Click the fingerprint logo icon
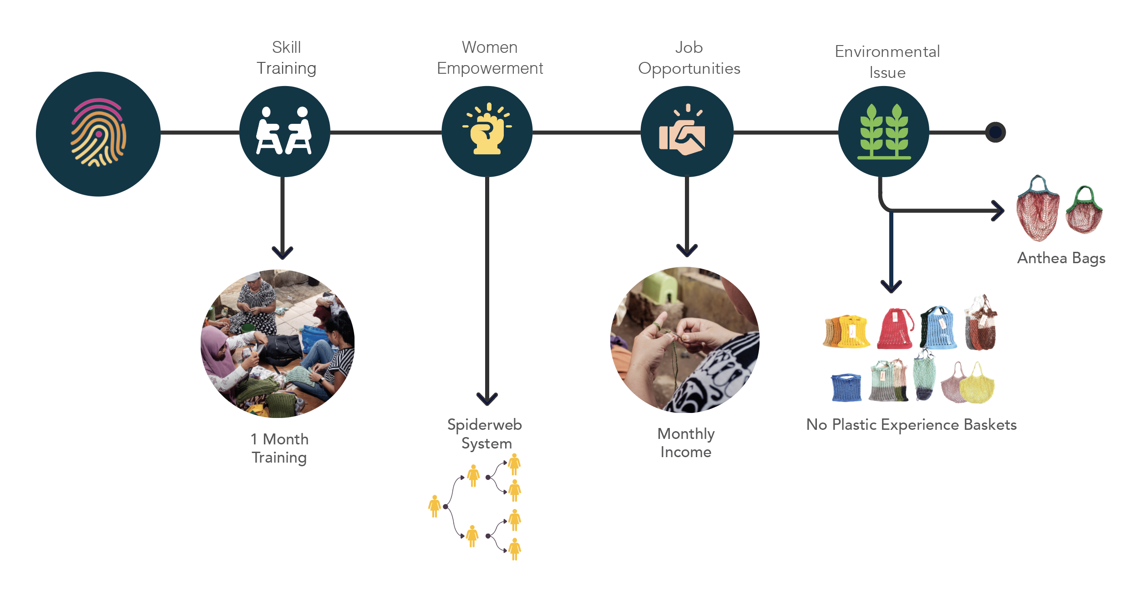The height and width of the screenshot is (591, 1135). coord(98,133)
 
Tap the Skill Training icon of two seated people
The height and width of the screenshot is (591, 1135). coord(284,131)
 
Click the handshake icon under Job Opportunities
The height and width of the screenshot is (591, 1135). coord(682,133)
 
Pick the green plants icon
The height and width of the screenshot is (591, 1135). coord(884,132)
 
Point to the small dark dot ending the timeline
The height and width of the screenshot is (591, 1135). coord(995,132)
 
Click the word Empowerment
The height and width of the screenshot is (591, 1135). coord(490,68)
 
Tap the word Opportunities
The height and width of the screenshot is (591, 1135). coord(689,69)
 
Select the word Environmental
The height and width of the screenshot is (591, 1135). coord(887,52)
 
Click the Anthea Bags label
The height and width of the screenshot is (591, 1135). coord(1061,258)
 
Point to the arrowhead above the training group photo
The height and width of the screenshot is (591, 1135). coord(283,252)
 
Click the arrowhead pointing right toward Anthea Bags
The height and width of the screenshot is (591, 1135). coord(998,211)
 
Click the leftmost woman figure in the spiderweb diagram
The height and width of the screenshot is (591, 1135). coord(435,506)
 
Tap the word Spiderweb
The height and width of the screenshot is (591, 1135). coord(484,424)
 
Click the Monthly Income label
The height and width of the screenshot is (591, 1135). coord(686,443)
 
